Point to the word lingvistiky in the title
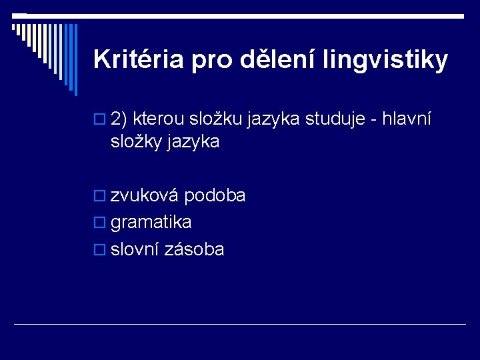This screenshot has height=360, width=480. pos(385,61)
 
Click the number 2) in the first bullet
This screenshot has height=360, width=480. pos(119,120)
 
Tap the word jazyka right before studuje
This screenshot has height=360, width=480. pos(274,121)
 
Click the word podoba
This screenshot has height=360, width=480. pos(215,195)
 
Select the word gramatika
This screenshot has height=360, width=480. pos(151,222)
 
